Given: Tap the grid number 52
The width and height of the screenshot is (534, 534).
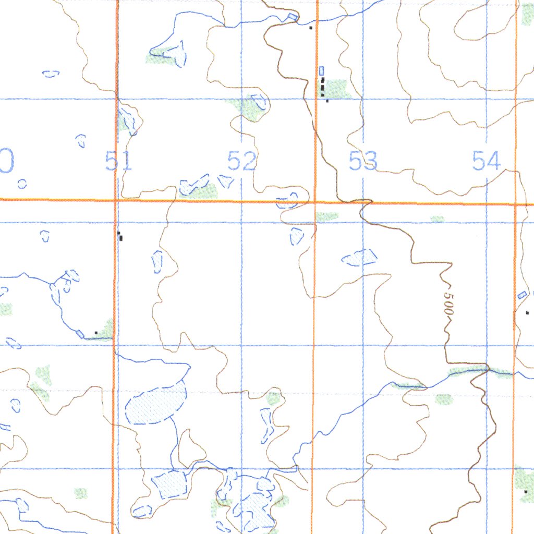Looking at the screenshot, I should click(242, 161).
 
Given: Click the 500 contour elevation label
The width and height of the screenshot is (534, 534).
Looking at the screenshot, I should click(448, 302).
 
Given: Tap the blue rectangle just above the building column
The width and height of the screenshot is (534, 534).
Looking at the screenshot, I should click(321, 70).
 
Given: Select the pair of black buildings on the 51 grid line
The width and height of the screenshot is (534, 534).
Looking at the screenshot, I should click(120, 236).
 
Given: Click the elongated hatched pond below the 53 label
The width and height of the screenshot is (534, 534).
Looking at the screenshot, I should click(359, 257).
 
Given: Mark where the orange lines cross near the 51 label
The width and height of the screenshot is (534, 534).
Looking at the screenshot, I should click(116, 200).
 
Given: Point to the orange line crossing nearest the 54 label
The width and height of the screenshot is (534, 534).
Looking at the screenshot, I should click(515, 204).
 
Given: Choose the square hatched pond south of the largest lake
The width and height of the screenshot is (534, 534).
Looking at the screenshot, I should click(169, 484).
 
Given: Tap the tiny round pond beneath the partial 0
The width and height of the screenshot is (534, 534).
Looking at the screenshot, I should click(22, 184).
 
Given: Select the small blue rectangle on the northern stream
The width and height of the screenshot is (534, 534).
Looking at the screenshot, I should click(293, 17).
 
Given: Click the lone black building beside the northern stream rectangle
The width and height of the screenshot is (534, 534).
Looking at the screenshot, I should click(311, 27).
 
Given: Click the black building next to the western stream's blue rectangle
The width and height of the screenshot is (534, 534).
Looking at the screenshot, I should click(96, 332).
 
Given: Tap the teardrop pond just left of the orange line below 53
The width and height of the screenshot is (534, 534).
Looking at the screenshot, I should click(297, 236).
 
